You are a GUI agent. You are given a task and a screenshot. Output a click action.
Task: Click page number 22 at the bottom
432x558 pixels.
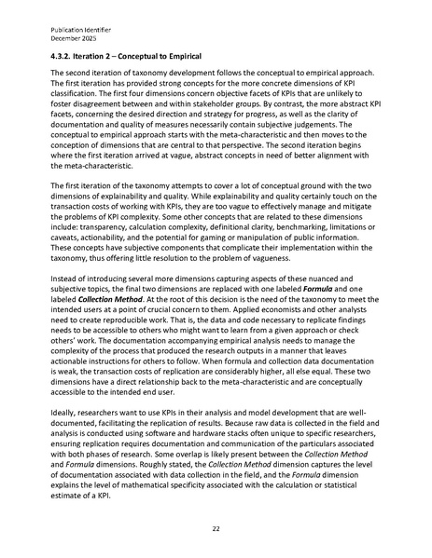coord(216,526)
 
